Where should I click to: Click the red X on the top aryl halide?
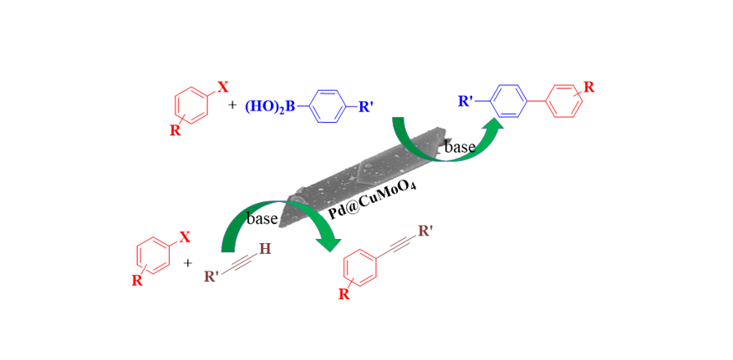(x=223, y=87)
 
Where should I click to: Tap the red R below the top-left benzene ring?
(x=175, y=130)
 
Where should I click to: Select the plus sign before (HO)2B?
(x=232, y=106)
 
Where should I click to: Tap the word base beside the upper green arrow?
(x=460, y=148)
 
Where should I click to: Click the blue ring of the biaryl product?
(x=508, y=102)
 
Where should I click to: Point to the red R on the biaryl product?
(x=589, y=87)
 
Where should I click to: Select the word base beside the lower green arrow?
(x=262, y=218)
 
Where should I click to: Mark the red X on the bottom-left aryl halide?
(x=185, y=237)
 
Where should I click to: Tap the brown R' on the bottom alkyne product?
(x=425, y=231)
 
